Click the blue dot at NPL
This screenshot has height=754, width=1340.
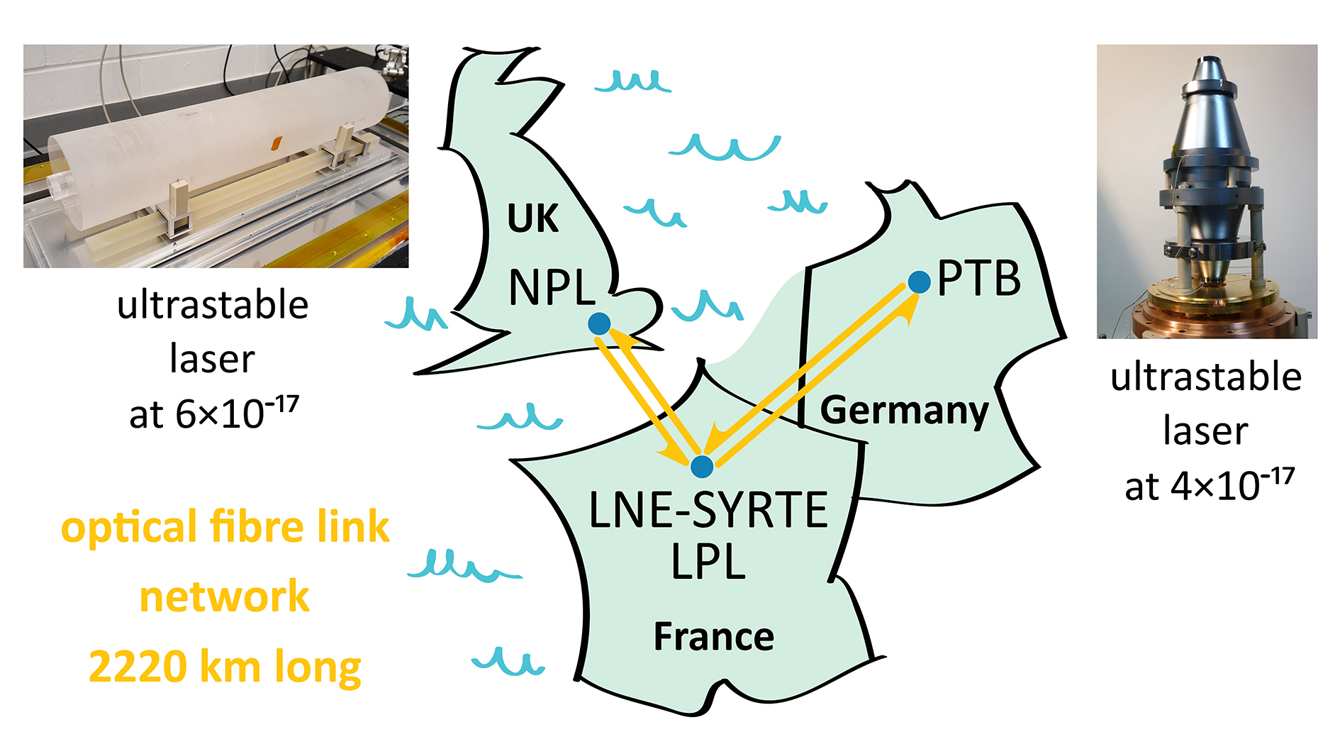599,323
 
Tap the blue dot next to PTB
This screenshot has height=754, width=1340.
919,282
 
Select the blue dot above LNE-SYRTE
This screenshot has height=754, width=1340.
702,466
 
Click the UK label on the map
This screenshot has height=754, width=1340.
532,218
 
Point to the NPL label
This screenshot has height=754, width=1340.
552,287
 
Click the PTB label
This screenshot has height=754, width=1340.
979,278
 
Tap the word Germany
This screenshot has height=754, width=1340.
904,410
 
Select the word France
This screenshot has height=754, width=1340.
713,636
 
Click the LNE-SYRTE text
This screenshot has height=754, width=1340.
708,509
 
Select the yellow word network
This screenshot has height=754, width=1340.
224,597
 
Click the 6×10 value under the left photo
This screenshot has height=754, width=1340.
213,413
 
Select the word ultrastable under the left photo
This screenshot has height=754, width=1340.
213,305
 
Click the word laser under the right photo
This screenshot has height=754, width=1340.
1205,431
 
